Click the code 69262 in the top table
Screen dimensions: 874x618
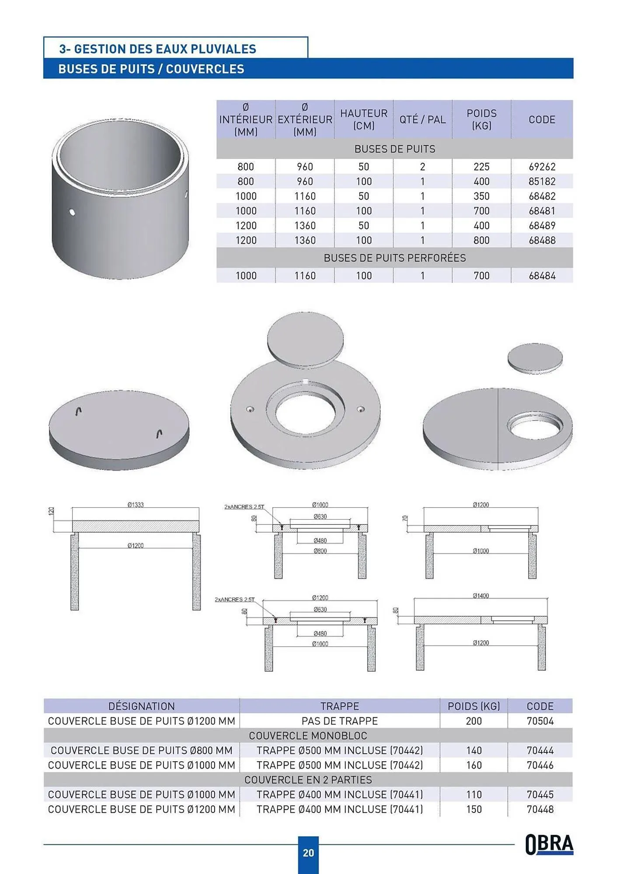542,166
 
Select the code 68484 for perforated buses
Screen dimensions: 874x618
542,276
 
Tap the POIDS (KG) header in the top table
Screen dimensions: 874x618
481,119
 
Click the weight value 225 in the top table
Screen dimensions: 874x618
481,166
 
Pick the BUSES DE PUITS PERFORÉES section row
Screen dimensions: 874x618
394,258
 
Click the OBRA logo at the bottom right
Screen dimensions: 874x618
549,844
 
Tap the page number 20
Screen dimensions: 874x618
309,853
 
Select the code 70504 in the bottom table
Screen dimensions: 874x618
540,721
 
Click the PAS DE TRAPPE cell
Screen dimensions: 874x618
340,721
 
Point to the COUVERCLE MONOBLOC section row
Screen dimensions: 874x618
308,735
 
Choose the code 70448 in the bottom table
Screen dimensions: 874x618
540,809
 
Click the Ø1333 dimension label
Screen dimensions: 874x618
135,505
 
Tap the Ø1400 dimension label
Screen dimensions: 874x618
481,596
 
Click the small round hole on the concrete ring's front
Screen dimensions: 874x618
72,212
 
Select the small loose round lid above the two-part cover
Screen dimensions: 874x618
535,357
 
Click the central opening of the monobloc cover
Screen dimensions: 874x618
305,411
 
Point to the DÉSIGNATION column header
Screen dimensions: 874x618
141,706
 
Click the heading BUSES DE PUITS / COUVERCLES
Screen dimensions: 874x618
151,69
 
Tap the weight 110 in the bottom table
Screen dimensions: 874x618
474,794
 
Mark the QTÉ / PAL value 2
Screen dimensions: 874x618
422,166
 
